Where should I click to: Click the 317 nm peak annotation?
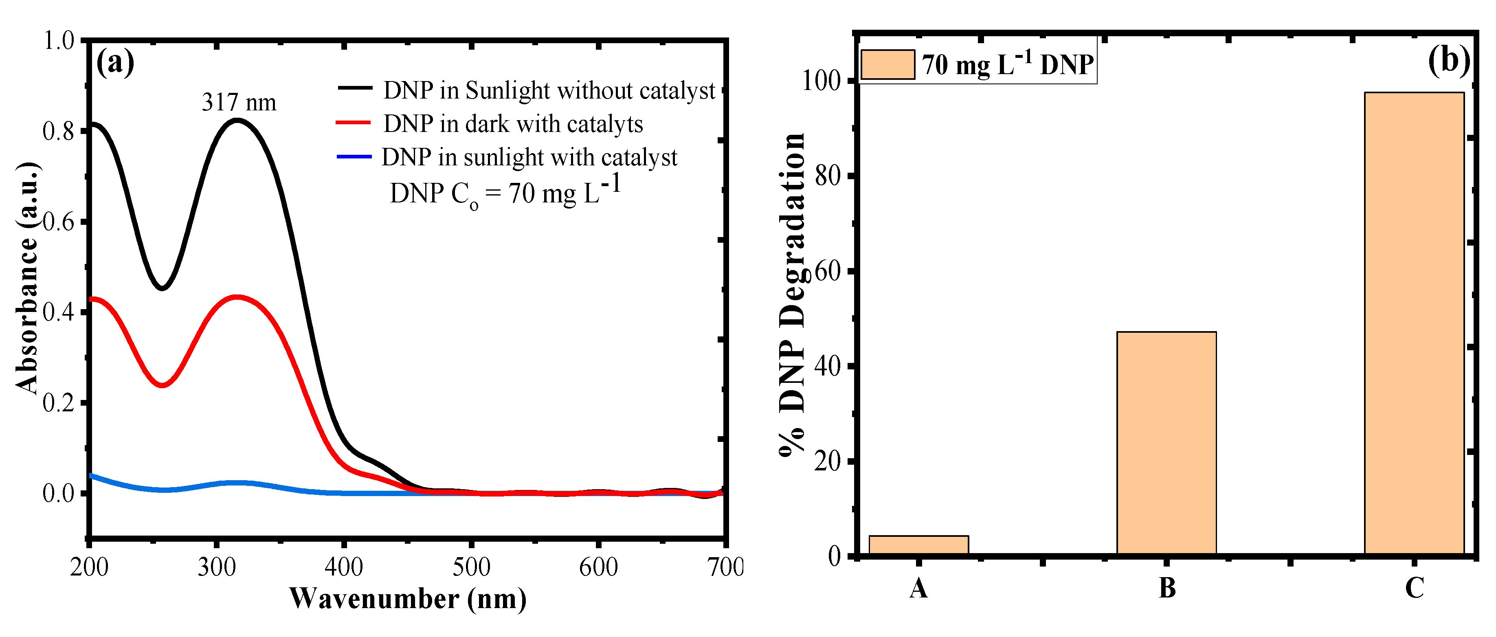(239, 103)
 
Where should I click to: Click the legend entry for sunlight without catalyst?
(548, 90)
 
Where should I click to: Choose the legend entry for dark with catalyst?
(513, 124)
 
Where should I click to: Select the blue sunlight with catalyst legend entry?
(529, 157)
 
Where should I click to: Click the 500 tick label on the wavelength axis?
(471, 567)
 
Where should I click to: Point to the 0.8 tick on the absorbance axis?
(59, 131)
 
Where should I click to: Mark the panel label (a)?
(115, 62)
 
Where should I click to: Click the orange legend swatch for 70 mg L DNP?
(887, 64)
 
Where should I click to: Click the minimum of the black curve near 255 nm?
(162, 288)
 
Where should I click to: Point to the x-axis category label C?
(1414, 588)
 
